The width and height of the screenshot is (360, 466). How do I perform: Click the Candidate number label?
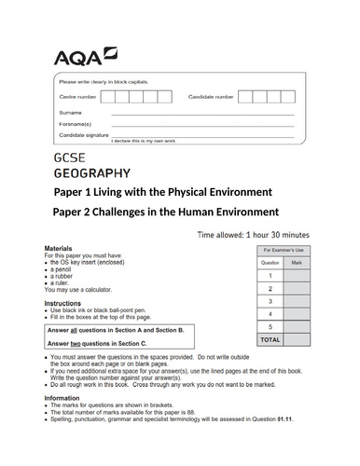tap(211, 97)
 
